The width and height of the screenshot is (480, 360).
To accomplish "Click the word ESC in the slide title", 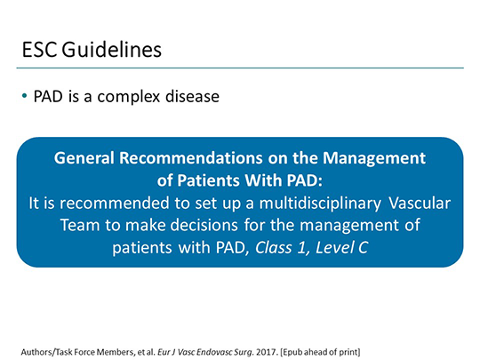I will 40,49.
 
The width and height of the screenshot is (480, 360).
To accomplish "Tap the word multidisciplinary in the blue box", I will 303,202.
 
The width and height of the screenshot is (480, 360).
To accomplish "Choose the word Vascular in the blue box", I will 418,202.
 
